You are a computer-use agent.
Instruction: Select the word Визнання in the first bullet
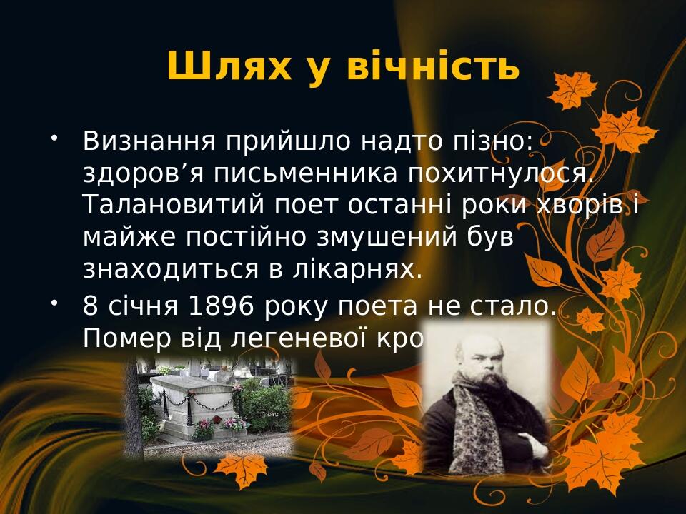149,141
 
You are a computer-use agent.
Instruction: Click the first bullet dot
54,135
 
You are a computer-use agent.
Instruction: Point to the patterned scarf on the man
472,428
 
